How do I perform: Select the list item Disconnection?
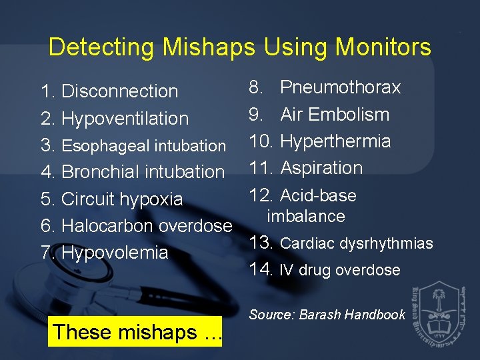coord(119,91)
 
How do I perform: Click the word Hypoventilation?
coord(125,119)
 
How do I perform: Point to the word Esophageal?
coord(103,145)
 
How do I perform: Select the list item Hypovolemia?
coord(115,253)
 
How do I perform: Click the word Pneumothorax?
coord(340,87)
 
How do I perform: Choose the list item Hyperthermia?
coord(335,141)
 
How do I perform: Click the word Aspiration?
coord(321,168)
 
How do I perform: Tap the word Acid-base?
coord(318,195)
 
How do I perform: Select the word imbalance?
coord(306,216)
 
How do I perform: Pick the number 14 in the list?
coord(260,269)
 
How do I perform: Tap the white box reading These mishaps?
coord(136,331)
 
